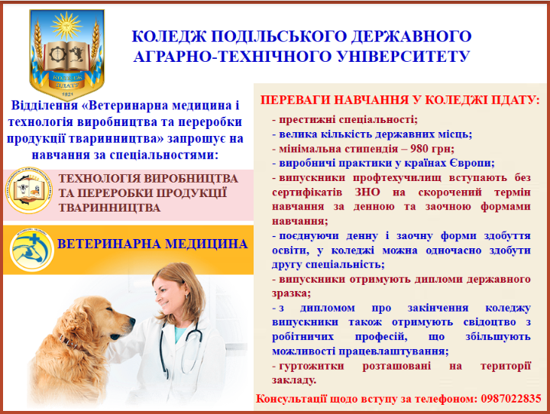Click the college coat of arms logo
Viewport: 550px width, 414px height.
tap(66, 54)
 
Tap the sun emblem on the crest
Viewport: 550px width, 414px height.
tap(66, 25)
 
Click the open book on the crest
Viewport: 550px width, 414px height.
tap(66, 56)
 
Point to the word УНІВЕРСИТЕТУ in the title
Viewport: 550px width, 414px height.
tap(403, 57)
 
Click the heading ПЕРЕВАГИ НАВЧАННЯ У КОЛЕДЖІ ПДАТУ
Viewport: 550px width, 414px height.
tap(400, 100)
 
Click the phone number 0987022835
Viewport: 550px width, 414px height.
tap(511, 399)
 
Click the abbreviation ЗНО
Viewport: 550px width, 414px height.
tap(367, 192)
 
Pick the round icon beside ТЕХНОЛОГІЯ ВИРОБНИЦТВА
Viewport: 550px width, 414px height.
tap(29, 190)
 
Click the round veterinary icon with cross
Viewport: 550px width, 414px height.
tap(31, 250)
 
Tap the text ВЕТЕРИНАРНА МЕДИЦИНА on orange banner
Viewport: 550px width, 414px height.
tap(152, 244)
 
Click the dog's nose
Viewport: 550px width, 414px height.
tap(131, 321)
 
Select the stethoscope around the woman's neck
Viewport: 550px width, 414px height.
tap(179, 351)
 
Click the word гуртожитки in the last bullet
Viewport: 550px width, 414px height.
tap(312, 366)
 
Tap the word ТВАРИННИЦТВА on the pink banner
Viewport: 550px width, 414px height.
tap(109, 208)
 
